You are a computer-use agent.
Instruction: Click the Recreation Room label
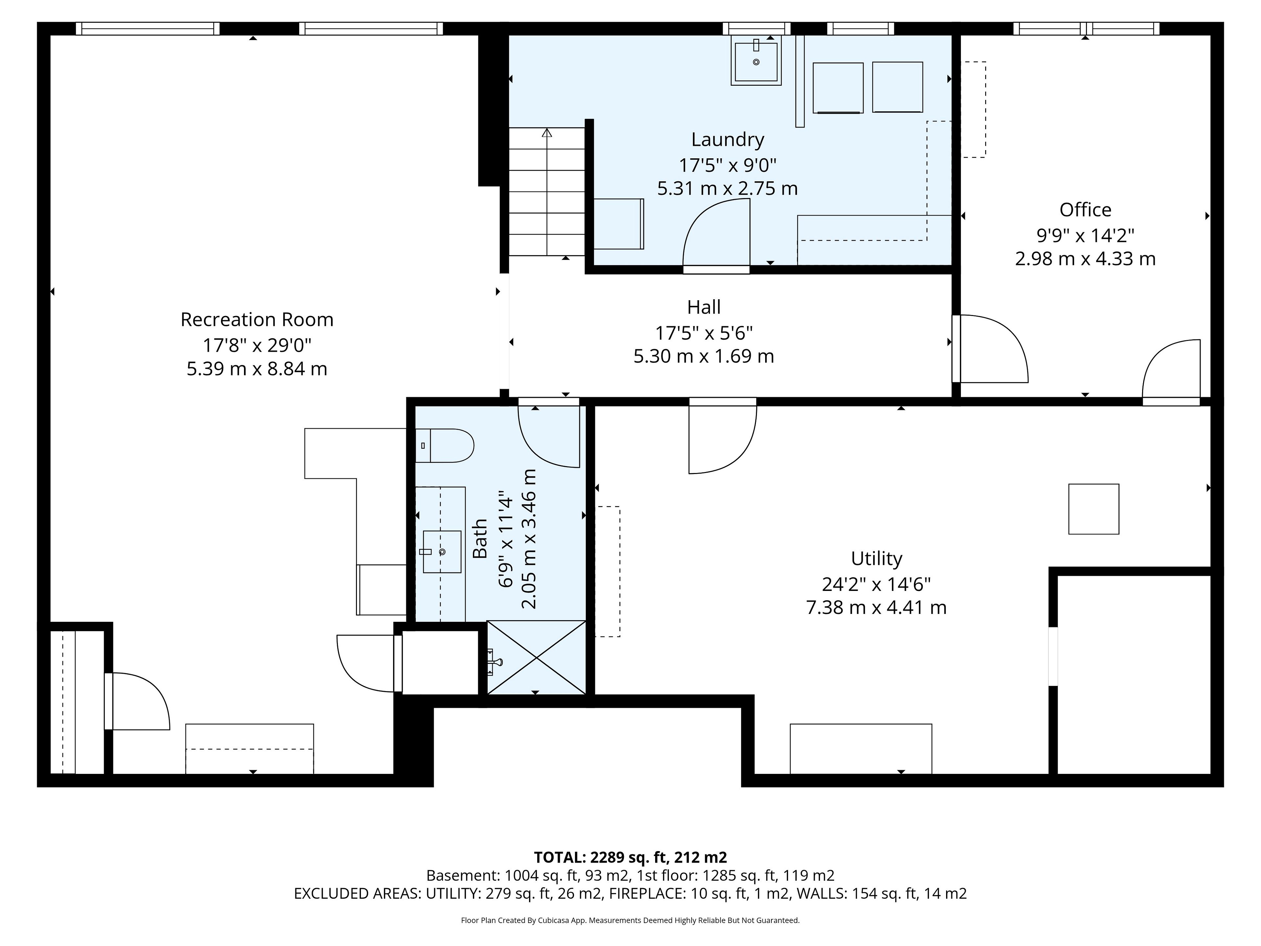click(x=257, y=319)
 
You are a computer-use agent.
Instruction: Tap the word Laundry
click(x=727, y=140)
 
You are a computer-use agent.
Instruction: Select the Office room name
click(x=1085, y=210)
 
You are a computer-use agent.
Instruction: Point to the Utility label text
click(x=876, y=558)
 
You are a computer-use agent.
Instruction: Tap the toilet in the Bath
click(x=445, y=445)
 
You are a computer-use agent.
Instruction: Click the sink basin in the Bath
click(x=442, y=552)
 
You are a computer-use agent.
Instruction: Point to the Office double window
click(x=1086, y=29)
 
